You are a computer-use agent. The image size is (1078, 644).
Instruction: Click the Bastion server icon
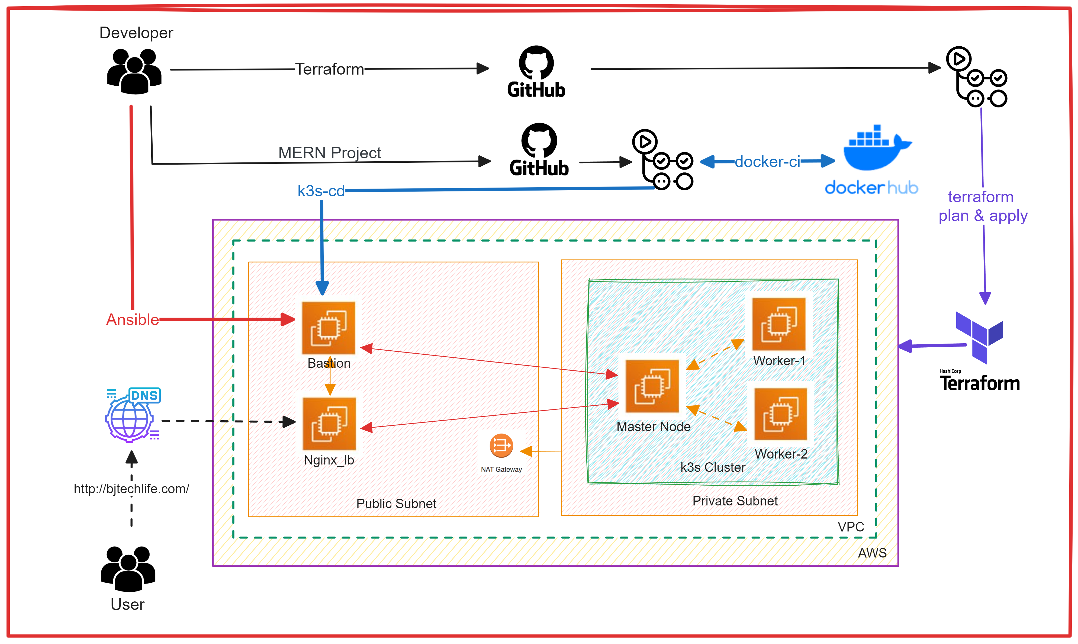point(329,328)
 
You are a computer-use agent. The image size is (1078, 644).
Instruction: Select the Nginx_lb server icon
point(329,424)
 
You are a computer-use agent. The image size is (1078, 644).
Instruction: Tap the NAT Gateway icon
point(501,446)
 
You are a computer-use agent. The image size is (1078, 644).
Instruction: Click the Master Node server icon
point(652,386)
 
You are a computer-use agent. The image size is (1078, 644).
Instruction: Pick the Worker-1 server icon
point(779,324)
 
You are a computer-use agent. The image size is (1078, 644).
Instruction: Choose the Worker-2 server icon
point(780,414)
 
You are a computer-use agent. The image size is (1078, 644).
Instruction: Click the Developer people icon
point(134,72)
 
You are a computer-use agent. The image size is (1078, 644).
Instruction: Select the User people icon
point(128,569)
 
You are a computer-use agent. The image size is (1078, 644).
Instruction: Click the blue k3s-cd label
point(321,191)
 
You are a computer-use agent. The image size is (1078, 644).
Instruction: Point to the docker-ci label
point(767,162)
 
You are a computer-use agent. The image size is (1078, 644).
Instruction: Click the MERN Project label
point(329,153)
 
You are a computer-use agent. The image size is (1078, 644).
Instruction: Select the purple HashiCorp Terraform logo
point(980,338)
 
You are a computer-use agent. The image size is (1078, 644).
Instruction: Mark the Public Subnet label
point(396,503)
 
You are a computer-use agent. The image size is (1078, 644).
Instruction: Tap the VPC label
point(851,527)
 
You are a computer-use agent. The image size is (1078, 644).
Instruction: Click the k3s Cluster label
point(712,467)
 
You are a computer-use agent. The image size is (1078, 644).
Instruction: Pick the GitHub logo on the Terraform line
point(536,72)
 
